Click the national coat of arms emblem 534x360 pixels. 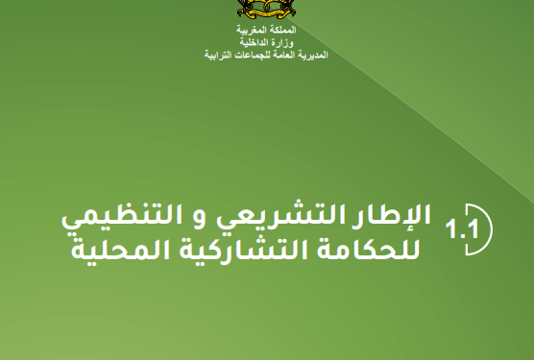tap(266, 12)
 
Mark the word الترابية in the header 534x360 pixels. tap(210, 55)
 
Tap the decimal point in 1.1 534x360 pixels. tap(463, 239)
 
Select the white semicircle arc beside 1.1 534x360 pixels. tap(482, 231)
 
